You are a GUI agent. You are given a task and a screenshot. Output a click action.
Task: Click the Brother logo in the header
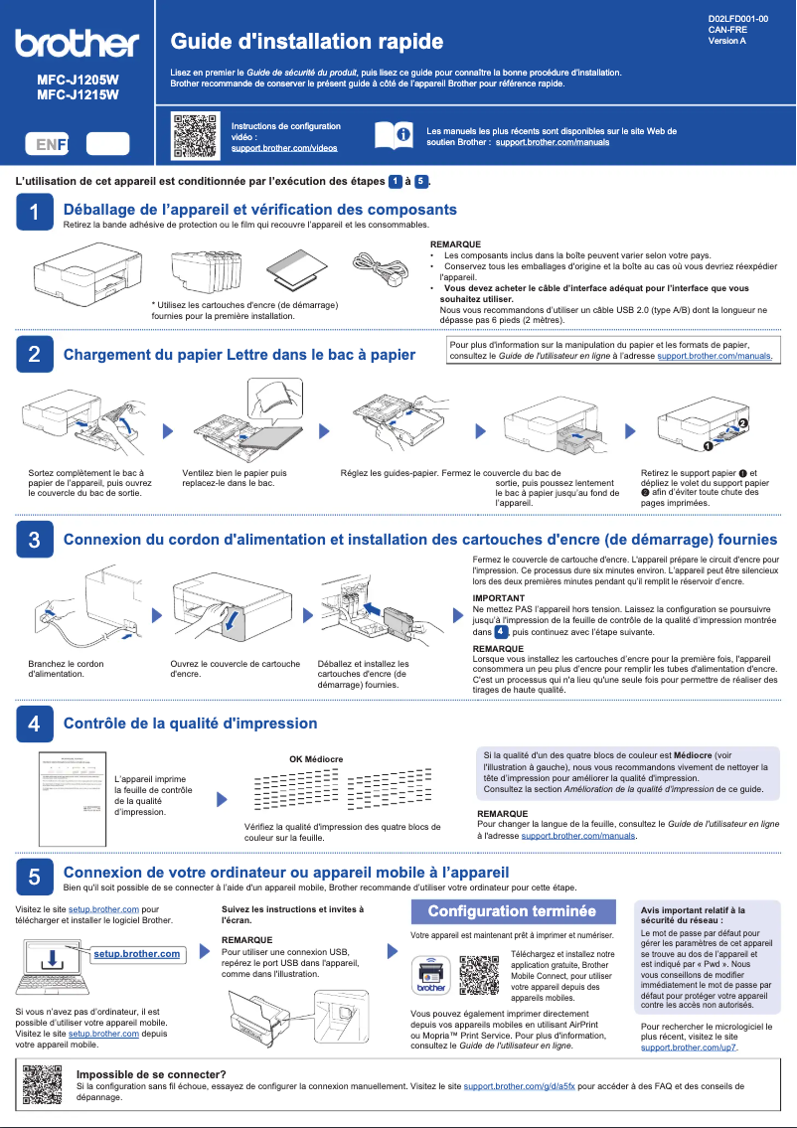coord(77,44)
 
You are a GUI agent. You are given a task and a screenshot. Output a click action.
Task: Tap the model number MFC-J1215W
coord(78,95)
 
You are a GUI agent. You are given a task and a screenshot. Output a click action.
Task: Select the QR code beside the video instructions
coord(195,136)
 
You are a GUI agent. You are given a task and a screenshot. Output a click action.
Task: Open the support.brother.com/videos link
coord(283,147)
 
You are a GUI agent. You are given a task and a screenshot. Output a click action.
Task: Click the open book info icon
coord(392,136)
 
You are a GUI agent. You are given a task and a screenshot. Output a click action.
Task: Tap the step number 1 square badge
coord(34,213)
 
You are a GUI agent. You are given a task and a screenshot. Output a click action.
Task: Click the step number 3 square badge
coord(34,540)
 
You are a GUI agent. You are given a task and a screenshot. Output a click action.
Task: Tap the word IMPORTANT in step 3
coord(498,598)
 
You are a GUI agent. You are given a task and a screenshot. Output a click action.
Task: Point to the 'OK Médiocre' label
coord(316,759)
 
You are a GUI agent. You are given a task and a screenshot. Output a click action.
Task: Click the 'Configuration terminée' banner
coord(512,910)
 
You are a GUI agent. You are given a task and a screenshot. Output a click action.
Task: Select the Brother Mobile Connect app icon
coord(430,973)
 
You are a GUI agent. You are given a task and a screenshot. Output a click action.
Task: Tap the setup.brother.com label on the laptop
coord(136,954)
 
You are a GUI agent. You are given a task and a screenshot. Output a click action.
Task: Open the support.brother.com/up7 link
coord(689,1047)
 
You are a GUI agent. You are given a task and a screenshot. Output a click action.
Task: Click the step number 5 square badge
coord(34,876)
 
